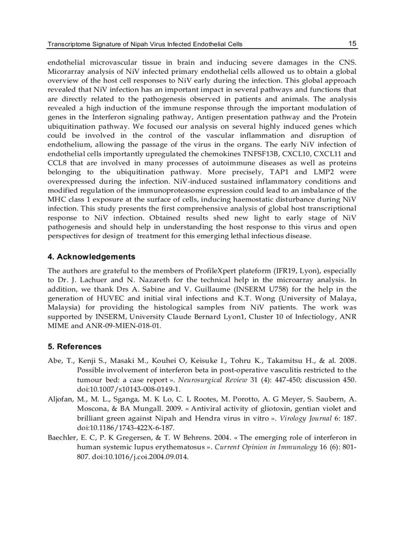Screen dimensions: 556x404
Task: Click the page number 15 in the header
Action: (352, 44)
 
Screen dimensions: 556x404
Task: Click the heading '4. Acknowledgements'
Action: (91, 257)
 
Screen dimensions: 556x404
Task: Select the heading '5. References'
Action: (74, 347)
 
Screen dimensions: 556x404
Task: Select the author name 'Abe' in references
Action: (54, 361)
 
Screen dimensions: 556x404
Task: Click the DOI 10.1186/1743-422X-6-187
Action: (126, 428)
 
